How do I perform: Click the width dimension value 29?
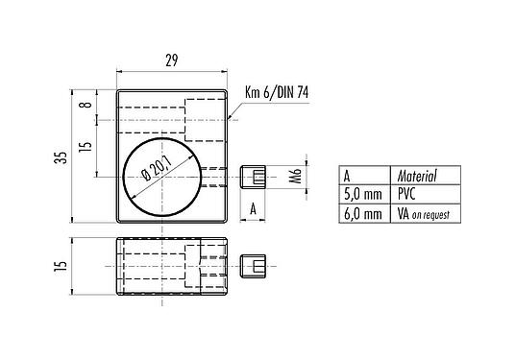[171, 60]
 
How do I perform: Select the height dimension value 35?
[61, 157]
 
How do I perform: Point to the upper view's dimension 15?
[85, 147]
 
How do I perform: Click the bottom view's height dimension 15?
[61, 264]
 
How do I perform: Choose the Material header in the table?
[417, 176]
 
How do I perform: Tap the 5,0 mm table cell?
[362, 195]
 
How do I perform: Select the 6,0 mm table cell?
[362, 214]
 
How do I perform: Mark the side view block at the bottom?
[171, 264]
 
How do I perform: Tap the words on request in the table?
[431, 215]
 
